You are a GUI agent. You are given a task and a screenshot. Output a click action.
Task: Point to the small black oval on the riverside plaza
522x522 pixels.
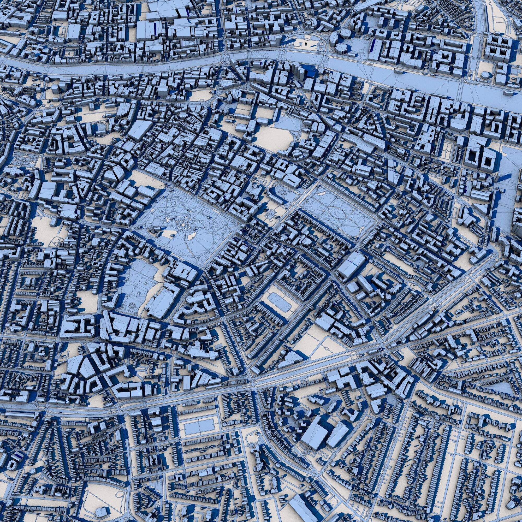coord(306,44)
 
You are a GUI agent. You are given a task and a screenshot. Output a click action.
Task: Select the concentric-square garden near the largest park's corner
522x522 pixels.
coord(270,215)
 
